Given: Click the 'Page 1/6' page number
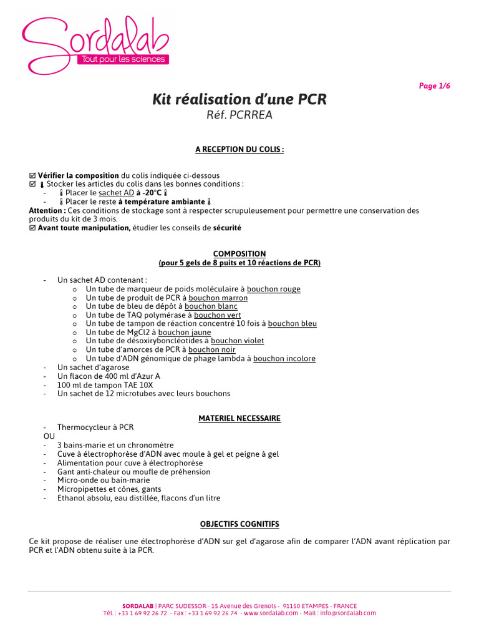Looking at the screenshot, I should pyautogui.click(x=434, y=86).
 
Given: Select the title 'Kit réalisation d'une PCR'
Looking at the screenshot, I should pyautogui.click(x=239, y=100).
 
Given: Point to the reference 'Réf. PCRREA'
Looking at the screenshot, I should pyautogui.click(x=239, y=115).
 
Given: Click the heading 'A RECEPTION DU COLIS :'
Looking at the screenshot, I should pyautogui.click(x=239, y=150).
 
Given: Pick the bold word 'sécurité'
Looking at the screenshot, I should pyautogui.click(x=227, y=228).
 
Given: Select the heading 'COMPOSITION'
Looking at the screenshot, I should pyautogui.click(x=239, y=254).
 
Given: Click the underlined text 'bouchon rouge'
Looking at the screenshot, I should pyautogui.click(x=273, y=290).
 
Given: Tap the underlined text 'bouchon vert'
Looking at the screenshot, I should pyautogui.click(x=217, y=315).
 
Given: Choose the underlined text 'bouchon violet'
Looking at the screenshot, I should pyautogui.click(x=237, y=341).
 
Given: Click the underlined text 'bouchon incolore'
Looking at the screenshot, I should pyautogui.click(x=284, y=359).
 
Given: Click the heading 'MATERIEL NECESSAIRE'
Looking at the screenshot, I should pyautogui.click(x=239, y=419).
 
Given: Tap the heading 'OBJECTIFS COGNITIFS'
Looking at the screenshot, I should pyautogui.click(x=239, y=524).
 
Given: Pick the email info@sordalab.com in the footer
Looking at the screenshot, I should pyautogui.click(x=348, y=613).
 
